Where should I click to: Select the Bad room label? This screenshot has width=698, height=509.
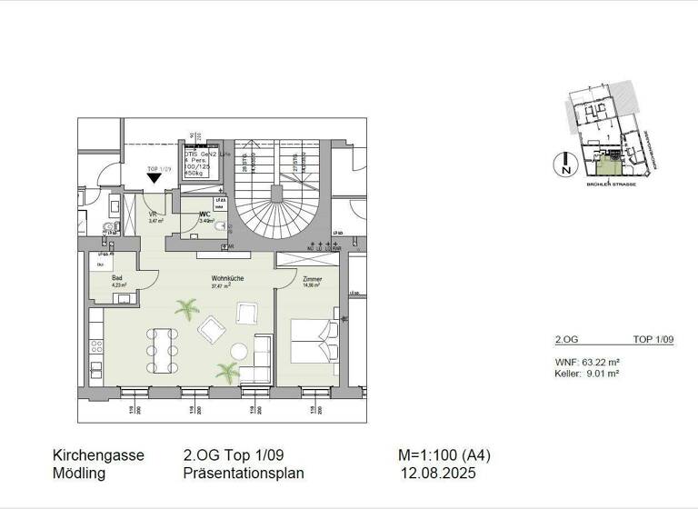(117, 279)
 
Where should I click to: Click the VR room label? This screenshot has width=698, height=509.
(154, 215)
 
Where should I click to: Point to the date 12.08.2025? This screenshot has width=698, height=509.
(439, 474)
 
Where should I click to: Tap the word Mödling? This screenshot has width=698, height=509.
(79, 474)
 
